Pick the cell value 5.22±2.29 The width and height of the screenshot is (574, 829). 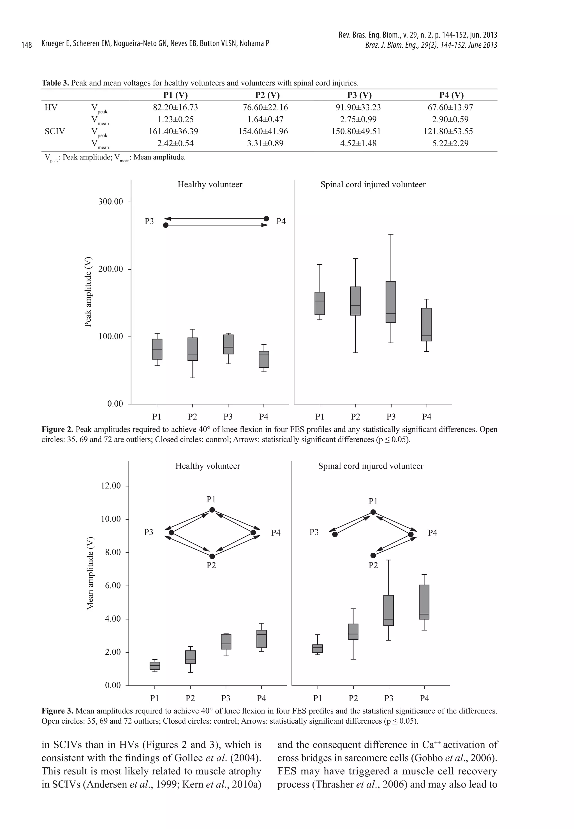point(450,143)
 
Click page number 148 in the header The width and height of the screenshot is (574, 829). point(27,45)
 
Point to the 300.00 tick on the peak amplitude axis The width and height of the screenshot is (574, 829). point(110,202)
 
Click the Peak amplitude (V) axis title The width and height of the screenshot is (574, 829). point(88,292)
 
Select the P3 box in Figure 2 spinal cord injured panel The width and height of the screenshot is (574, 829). point(391,302)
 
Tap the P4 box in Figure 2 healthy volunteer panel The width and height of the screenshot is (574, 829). point(264,359)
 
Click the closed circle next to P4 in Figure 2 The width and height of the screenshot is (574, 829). point(267,219)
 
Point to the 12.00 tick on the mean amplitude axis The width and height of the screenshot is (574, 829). point(110,486)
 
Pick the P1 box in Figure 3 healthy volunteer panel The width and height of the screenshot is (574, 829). point(155,666)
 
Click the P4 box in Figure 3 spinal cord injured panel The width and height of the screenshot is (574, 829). point(424,602)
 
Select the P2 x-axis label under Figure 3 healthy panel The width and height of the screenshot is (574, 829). point(190,698)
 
